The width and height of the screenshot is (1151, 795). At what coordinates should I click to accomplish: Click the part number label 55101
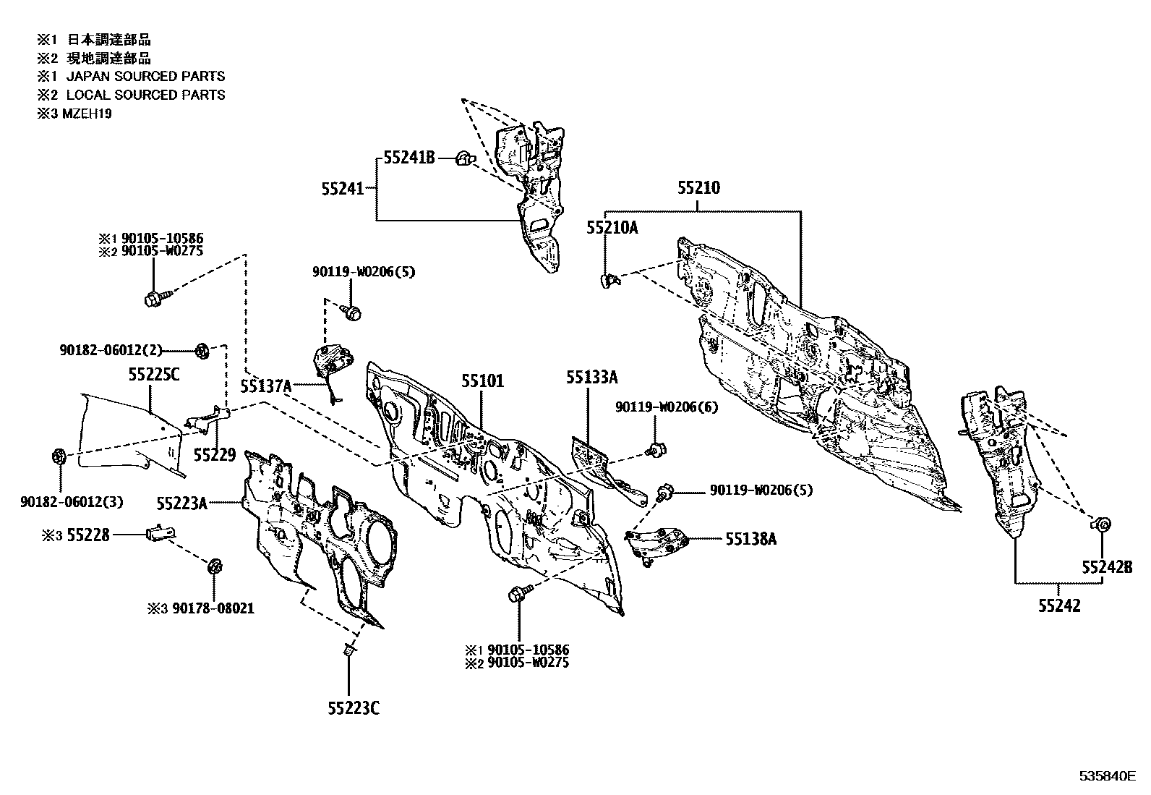(x=482, y=381)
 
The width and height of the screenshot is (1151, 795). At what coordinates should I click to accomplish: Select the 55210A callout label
(x=612, y=227)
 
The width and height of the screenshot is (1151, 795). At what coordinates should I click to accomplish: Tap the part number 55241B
(x=409, y=158)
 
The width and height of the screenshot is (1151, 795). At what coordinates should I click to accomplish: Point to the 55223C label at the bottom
(x=354, y=709)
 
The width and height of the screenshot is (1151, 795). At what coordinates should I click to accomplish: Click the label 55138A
(x=750, y=539)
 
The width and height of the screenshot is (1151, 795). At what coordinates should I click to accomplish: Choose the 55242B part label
(x=1107, y=567)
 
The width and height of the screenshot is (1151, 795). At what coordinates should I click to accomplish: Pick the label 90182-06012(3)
(x=72, y=502)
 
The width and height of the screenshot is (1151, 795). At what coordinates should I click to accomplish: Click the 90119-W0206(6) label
(x=667, y=407)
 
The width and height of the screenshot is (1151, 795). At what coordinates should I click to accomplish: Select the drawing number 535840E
(x=1108, y=776)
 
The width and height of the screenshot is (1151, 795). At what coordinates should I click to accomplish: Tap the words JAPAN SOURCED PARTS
(x=146, y=77)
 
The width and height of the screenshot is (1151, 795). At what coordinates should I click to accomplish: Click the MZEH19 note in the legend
(x=87, y=114)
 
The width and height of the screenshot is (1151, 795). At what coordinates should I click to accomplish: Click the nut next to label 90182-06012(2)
(x=202, y=352)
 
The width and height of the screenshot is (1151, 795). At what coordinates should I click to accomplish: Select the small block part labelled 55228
(x=161, y=532)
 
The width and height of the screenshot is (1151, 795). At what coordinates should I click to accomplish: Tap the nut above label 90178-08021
(x=214, y=566)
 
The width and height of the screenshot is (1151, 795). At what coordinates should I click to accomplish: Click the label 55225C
(x=154, y=375)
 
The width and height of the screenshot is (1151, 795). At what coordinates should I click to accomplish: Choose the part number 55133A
(x=592, y=378)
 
